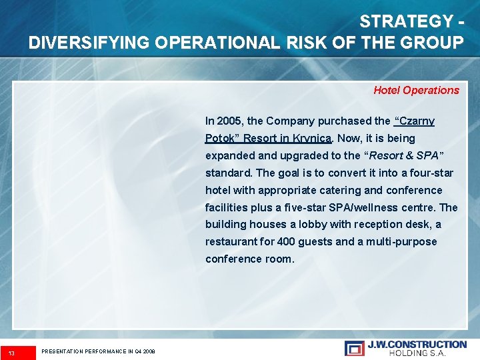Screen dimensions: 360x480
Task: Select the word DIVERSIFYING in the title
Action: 88,43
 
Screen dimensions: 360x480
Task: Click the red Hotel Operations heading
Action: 416,90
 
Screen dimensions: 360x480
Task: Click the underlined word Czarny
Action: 416,121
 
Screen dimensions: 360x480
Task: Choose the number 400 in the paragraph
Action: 285,241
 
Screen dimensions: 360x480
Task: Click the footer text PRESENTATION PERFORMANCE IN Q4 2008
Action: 98,351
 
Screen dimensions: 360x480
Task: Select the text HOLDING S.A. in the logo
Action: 417,353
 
